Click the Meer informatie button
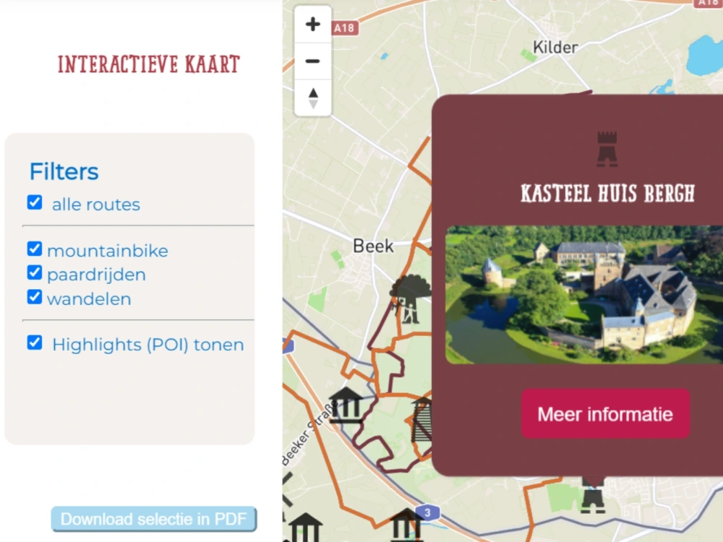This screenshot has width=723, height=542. click(x=605, y=414)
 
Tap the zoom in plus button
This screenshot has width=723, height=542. click(x=313, y=25)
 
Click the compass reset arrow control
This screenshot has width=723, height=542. click(x=313, y=98)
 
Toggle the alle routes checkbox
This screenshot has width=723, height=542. click(x=35, y=202)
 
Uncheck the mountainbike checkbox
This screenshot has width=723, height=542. click(x=35, y=249)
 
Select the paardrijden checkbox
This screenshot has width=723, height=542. click(x=35, y=273)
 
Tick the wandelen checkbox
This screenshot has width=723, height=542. click(x=35, y=297)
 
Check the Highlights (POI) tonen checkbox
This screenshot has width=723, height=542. click(x=35, y=343)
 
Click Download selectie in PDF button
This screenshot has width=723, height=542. click(x=153, y=519)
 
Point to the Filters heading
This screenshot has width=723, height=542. click(x=64, y=172)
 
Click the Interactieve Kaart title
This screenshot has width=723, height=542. click(x=148, y=64)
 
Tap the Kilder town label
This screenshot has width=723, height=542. click(x=555, y=48)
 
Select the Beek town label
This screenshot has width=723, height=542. click(x=373, y=246)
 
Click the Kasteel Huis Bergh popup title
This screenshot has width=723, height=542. click(x=607, y=194)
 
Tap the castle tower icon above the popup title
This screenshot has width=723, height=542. click(x=607, y=148)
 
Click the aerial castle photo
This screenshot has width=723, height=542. click(x=584, y=294)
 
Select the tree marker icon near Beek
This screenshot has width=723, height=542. click(x=410, y=297)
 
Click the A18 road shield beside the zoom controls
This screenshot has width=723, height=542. click(x=345, y=27)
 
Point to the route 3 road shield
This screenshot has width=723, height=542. click(x=428, y=512)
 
